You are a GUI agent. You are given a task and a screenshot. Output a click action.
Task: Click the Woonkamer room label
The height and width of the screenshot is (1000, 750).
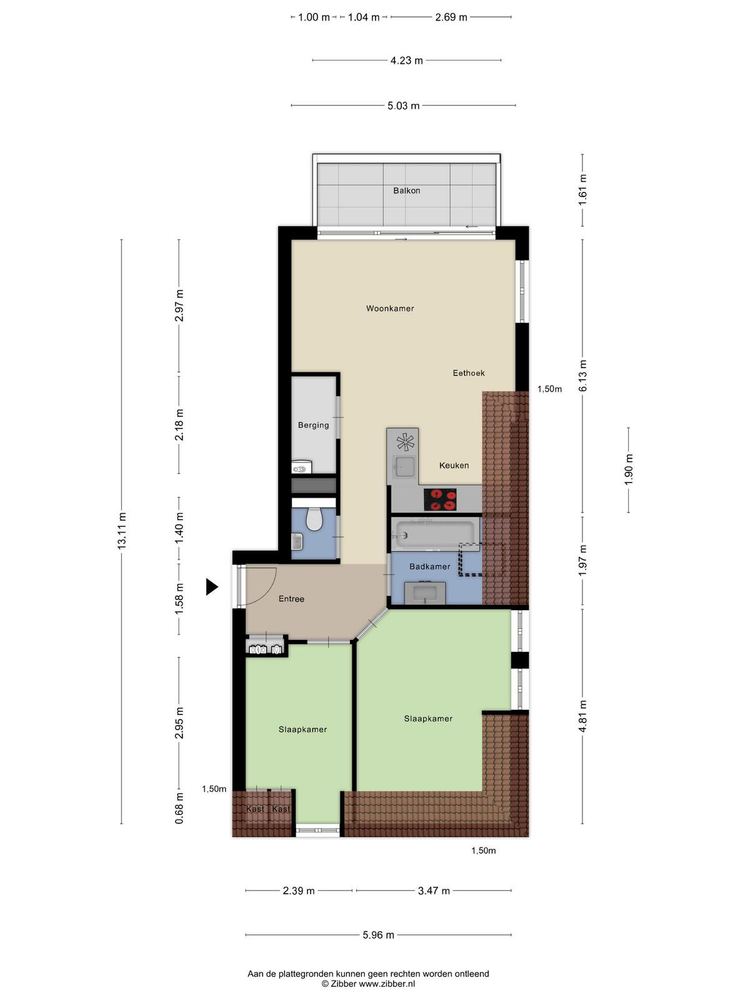click(390, 308)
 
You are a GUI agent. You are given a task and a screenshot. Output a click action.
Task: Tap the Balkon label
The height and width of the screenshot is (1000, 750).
click(407, 191)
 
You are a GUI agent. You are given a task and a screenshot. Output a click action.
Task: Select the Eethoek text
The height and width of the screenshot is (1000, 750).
click(469, 373)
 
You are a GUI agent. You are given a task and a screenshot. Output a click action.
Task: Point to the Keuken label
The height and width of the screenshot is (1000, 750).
click(454, 465)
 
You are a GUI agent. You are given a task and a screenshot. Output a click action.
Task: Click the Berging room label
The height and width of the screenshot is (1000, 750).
click(313, 425)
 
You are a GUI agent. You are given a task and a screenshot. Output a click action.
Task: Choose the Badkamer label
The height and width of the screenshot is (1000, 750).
click(430, 566)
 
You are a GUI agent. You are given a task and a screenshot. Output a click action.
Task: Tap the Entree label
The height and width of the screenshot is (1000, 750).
click(291, 599)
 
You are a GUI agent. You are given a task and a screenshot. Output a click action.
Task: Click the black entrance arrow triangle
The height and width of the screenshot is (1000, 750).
click(212, 587)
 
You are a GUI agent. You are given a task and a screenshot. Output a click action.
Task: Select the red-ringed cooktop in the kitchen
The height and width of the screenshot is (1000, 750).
click(440, 500)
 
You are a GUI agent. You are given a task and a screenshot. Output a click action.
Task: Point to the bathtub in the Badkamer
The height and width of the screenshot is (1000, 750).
click(436, 534)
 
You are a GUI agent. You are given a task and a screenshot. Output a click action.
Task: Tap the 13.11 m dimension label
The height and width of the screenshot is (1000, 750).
click(122, 531)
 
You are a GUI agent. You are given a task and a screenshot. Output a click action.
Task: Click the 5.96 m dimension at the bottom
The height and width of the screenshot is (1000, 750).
click(378, 935)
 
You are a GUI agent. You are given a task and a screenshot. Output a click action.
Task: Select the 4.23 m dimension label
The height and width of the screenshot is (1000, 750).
click(407, 60)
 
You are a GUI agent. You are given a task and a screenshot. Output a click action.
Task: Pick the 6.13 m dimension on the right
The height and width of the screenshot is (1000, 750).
click(582, 376)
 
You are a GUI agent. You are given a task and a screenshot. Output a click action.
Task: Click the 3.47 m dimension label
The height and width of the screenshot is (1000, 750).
click(434, 891)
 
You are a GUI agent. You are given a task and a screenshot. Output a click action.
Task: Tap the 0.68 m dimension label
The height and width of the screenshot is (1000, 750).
click(179, 807)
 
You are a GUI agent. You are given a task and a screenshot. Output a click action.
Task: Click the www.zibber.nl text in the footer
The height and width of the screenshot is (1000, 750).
click(387, 984)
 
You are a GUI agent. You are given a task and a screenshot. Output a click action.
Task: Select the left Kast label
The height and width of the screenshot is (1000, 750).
click(255, 809)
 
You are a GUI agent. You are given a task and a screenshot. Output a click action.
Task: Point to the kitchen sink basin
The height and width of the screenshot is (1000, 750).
click(404, 466)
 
